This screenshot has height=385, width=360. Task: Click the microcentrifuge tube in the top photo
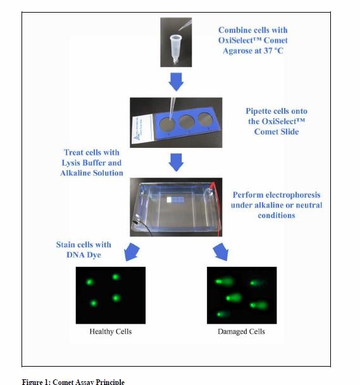[175, 48]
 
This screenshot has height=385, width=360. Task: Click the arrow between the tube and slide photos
[176, 82]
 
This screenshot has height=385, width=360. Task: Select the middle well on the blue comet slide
[187, 122]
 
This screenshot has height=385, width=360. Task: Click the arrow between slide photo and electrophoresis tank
[176, 162]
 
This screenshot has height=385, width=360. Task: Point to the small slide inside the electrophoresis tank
[175, 200]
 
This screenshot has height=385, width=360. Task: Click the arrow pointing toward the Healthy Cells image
[132, 252]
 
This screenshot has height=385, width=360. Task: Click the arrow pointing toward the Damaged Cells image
[221, 252]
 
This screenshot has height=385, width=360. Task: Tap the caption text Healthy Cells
[111, 331]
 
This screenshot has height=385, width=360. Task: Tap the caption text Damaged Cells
[241, 331]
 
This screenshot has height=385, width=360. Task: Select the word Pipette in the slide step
[259, 111]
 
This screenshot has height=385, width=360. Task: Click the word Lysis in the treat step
[71, 163]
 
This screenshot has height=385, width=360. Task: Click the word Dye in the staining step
[94, 255]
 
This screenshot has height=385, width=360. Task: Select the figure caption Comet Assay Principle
[89, 382]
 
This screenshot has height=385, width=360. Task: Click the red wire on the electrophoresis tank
[216, 209]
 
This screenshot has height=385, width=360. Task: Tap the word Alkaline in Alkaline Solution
[75, 173]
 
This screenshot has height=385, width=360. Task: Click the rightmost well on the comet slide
[205, 119]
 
